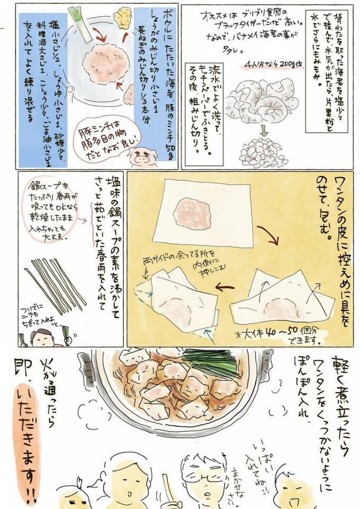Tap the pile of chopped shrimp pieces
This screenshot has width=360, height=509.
263,152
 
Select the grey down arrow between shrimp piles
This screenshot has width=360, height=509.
263,129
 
